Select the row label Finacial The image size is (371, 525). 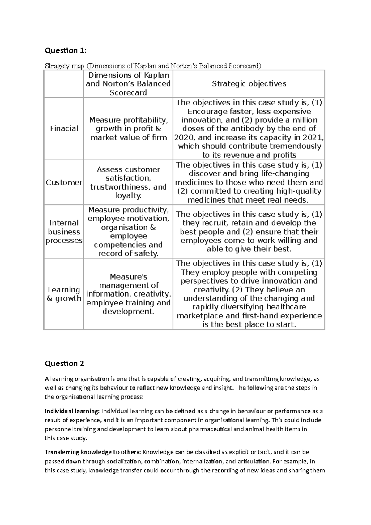pos(64,129)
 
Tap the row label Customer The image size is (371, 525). pos(64,182)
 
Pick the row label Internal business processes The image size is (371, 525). pos(64,232)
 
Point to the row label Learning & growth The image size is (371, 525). pos(64,294)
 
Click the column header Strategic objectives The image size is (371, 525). pos(249,84)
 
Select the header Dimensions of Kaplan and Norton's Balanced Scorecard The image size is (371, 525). pos(128,84)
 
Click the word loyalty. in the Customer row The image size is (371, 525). pos(128,195)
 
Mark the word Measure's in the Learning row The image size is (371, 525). pos(128,276)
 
